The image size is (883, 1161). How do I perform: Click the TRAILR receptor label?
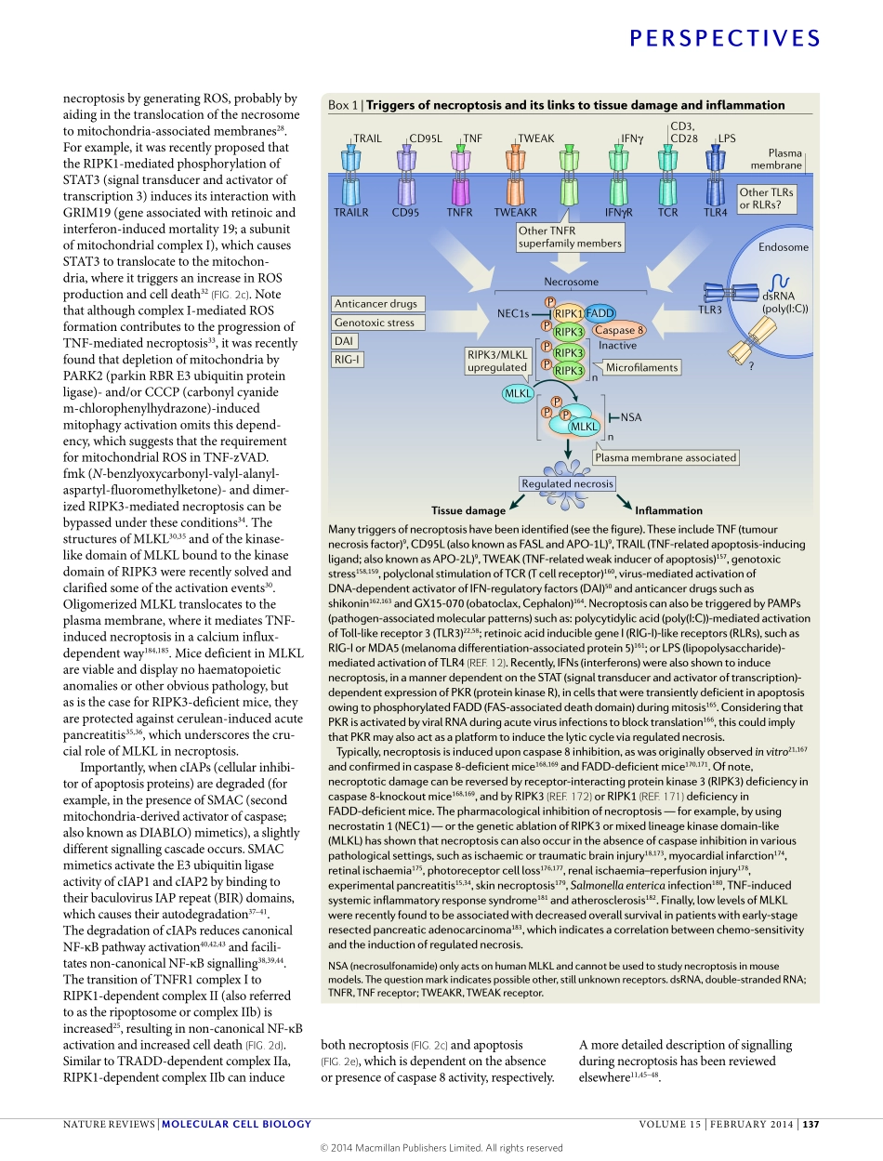click(x=350, y=212)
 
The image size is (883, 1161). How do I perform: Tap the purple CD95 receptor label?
click(x=406, y=212)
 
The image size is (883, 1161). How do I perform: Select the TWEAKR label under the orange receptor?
click(x=516, y=212)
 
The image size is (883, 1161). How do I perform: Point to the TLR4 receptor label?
click(x=715, y=212)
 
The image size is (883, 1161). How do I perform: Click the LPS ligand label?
click(x=727, y=139)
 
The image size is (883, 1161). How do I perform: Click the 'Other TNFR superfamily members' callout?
click(x=570, y=237)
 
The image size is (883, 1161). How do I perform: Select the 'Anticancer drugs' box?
click(x=376, y=303)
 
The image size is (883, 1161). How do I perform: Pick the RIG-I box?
click(x=347, y=359)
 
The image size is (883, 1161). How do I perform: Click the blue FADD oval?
click(x=600, y=314)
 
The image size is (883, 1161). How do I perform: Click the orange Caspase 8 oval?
click(x=619, y=330)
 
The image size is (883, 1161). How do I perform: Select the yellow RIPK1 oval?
click(x=569, y=314)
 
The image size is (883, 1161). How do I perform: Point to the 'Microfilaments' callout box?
click(x=641, y=368)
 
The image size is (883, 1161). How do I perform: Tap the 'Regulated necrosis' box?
click(x=567, y=483)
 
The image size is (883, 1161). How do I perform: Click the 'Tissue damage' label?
click(x=468, y=510)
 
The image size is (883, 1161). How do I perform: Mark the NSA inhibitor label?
click(x=631, y=417)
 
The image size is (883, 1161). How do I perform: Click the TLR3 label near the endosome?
click(x=709, y=310)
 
